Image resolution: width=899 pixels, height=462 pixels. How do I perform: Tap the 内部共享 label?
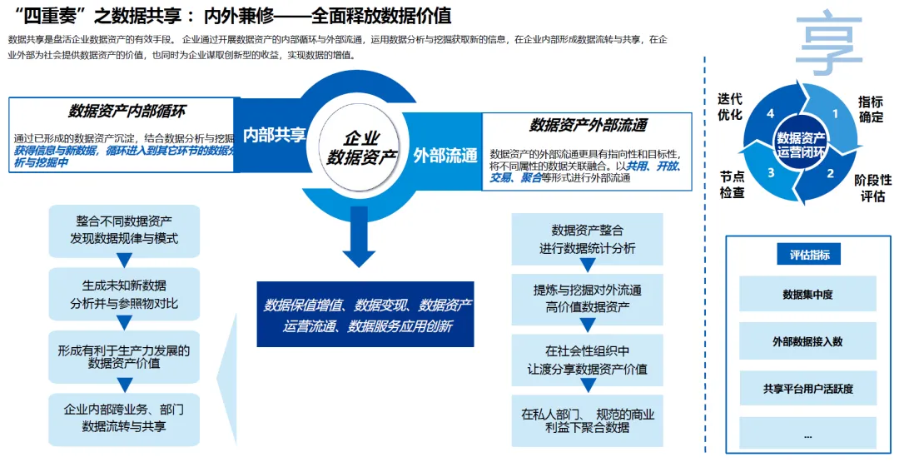(275, 135)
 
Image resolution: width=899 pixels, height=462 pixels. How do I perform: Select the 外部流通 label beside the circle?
(445, 156)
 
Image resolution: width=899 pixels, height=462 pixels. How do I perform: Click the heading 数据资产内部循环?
(127, 112)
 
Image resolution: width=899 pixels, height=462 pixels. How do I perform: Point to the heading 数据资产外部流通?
(588, 126)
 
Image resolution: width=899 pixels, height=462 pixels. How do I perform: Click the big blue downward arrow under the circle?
(360, 238)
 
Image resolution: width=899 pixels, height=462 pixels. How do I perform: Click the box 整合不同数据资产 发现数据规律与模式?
(124, 230)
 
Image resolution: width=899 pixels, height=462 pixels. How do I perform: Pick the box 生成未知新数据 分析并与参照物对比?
(124, 293)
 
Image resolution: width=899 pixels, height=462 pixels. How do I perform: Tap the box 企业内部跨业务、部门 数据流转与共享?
(124, 418)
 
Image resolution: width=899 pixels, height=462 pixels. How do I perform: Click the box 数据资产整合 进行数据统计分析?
(587, 238)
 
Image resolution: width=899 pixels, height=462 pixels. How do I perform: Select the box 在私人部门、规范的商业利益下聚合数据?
(587, 420)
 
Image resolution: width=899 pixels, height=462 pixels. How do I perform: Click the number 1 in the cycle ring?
(833, 114)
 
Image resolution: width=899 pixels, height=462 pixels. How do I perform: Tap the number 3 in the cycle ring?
(771, 172)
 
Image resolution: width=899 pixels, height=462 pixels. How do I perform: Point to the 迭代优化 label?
(730, 107)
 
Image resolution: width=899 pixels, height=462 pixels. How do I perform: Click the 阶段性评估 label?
(872, 188)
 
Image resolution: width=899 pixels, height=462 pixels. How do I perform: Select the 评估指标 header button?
(809, 256)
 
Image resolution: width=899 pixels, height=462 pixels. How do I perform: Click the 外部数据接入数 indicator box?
(807, 341)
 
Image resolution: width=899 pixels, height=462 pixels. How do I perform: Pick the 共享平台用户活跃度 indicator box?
(807, 389)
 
